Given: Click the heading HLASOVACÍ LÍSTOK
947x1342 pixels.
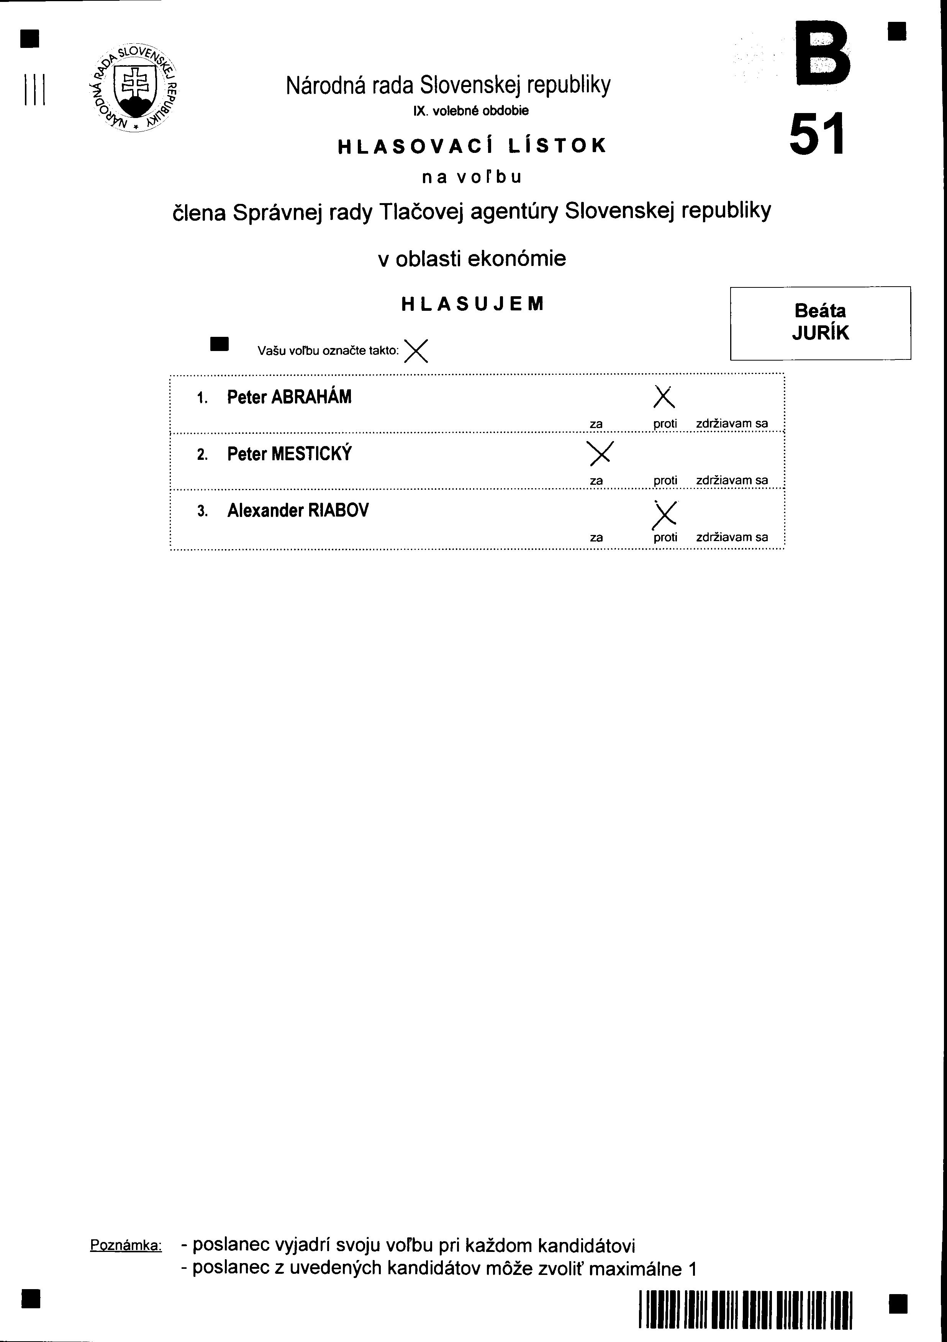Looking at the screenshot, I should coord(472,146).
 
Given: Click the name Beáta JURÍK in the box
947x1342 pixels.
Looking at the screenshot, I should coord(820,322).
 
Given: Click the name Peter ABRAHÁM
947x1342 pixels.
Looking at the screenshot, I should coord(289,397).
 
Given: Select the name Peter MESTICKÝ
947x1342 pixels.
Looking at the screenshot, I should coord(289,454).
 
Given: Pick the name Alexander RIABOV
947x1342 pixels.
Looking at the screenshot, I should coord(298,511).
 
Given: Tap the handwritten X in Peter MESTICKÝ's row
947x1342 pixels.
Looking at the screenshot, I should coord(600,453).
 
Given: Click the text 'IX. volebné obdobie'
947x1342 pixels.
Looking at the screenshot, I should coord(471,110).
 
